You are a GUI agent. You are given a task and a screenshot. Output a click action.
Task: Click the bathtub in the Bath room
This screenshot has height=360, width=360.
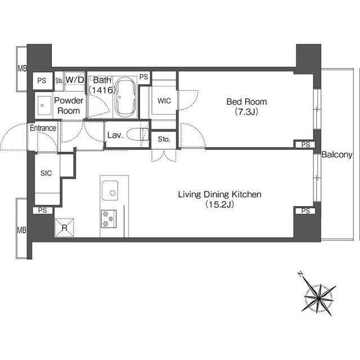(125, 97)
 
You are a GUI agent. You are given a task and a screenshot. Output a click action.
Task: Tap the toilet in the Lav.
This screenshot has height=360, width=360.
(137, 134)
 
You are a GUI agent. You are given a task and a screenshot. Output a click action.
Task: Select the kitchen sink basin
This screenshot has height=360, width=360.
(110, 191)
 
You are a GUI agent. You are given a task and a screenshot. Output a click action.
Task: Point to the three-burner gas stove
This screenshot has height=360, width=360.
(109, 219)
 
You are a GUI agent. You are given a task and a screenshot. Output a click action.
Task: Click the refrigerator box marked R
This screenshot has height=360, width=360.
(64, 227)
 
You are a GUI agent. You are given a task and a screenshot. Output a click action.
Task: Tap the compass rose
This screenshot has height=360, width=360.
(319, 298)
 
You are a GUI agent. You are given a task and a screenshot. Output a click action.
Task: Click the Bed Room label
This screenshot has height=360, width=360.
(246, 102)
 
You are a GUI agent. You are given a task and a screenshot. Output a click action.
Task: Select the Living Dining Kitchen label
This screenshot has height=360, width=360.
(220, 195)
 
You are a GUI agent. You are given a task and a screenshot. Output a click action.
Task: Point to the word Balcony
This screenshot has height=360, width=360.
(337, 155)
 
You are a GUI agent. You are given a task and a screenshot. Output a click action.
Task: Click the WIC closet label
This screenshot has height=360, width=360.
(164, 101)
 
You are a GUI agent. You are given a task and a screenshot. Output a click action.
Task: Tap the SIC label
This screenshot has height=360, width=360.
(46, 173)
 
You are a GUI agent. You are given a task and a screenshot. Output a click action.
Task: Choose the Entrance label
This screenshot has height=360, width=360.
(43, 128)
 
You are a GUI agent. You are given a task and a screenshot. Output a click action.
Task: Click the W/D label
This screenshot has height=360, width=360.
(75, 80)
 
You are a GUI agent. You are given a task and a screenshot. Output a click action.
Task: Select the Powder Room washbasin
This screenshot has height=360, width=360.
(44, 105)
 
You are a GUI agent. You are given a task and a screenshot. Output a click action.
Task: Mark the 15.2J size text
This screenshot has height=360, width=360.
(220, 204)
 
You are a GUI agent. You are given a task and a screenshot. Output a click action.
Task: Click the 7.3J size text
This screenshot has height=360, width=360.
(246, 112)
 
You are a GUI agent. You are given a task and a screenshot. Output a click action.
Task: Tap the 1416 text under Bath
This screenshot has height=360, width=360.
(102, 90)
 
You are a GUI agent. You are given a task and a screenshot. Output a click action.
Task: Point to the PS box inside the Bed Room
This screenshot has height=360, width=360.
(305, 145)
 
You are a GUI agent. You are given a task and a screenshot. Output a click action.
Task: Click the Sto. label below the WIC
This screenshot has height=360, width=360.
(164, 139)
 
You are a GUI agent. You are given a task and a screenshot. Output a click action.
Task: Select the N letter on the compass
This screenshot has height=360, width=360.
(300, 274)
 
